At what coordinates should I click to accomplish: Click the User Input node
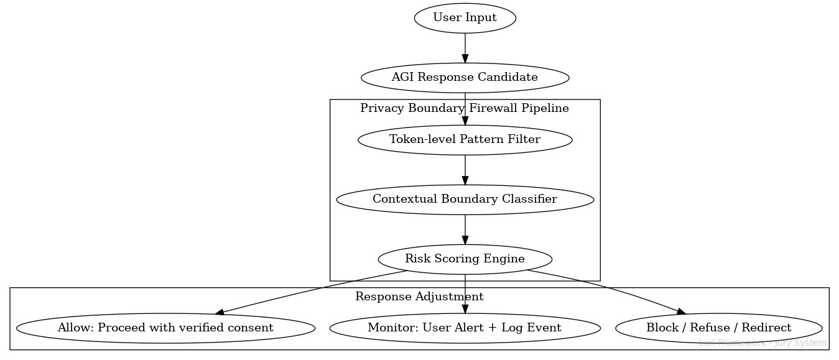click(465, 18)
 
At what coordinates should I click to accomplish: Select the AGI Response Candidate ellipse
click(465, 78)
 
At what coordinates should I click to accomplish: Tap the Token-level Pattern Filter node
click(465, 139)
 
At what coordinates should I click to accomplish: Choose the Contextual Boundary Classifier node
click(465, 199)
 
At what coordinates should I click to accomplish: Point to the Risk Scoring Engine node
click(465, 259)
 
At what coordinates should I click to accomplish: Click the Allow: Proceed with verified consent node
click(165, 328)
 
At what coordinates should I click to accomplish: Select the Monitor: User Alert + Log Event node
click(465, 328)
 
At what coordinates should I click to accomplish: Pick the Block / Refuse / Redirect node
click(718, 328)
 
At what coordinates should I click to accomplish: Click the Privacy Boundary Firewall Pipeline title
click(465, 108)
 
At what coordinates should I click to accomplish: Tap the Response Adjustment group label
click(419, 297)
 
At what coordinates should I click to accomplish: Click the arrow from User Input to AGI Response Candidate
click(465, 47)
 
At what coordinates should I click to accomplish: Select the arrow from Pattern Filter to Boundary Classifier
click(465, 168)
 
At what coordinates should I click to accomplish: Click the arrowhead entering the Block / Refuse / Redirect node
click(680, 312)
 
